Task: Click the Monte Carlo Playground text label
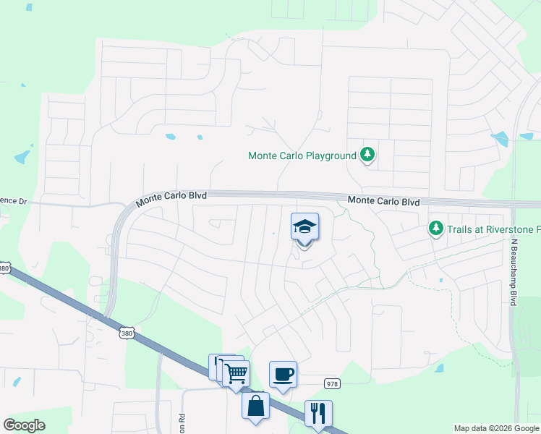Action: [302, 156]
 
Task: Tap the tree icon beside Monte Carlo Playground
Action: [368, 154]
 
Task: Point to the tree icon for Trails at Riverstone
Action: [435, 229]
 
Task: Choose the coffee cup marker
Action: [283, 375]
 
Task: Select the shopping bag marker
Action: [256, 406]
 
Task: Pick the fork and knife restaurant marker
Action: [318, 414]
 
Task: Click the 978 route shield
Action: [332, 384]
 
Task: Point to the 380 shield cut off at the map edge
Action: [4, 268]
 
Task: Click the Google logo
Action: [24, 425]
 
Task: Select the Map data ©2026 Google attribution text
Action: [495, 428]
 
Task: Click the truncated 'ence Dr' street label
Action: [13, 201]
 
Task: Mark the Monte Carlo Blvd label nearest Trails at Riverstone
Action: [383, 201]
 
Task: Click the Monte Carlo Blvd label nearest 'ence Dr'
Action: [172, 196]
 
